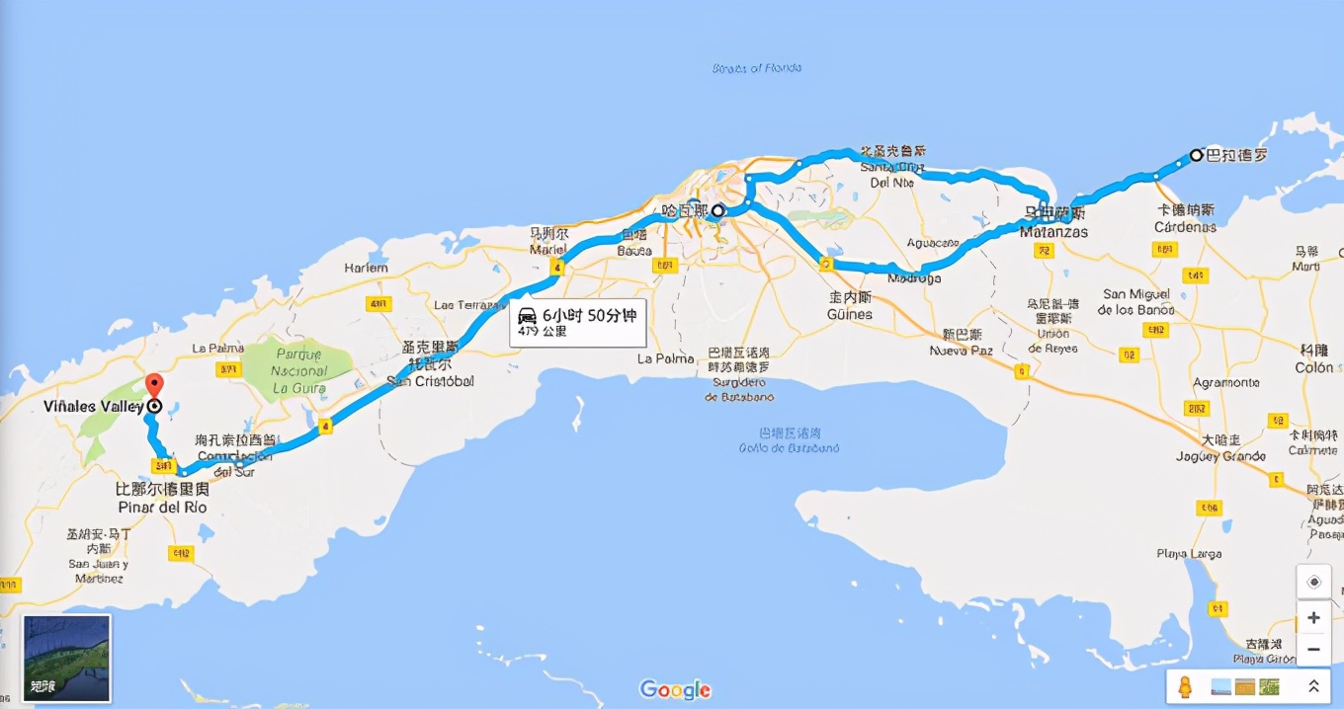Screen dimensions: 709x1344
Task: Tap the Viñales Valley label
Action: tap(95, 407)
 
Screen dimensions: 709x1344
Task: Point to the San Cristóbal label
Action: tap(431, 381)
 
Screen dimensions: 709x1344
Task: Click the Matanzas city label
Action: tap(1054, 233)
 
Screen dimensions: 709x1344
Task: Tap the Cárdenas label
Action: tap(1186, 227)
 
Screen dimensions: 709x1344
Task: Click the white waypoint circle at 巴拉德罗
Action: tap(1196, 155)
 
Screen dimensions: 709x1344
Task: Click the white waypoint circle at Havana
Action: tap(719, 210)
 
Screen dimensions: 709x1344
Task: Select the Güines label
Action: tap(850, 314)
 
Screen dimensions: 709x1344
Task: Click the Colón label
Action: tap(1314, 367)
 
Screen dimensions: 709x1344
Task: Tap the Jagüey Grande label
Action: tap(1220, 456)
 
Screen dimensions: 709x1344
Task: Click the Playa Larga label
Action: tap(1189, 554)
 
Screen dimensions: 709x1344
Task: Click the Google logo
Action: tap(675, 689)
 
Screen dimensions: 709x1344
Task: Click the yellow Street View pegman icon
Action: tap(1185, 686)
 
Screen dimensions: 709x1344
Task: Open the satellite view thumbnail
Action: tap(66, 658)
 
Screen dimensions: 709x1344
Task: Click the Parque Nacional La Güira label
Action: tap(300, 371)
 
